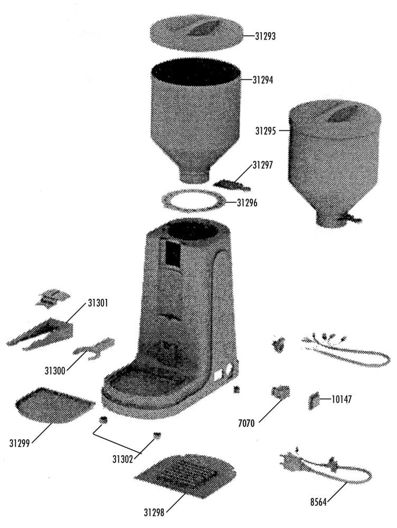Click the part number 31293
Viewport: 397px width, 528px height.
(265, 36)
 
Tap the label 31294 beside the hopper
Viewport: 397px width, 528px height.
(263, 80)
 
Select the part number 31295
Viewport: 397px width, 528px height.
(266, 131)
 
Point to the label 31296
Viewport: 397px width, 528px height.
(247, 203)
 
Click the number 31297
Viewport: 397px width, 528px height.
(263, 165)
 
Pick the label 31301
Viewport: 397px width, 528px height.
(98, 303)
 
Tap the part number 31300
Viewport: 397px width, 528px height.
(55, 371)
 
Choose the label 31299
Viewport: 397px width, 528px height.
(20, 444)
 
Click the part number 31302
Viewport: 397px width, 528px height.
(122, 459)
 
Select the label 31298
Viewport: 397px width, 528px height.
(154, 513)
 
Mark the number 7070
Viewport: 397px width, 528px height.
(247, 423)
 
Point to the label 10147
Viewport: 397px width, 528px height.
(342, 399)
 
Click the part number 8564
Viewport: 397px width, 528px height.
(318, 503)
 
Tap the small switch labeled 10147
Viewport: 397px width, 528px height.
(314, 401)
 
